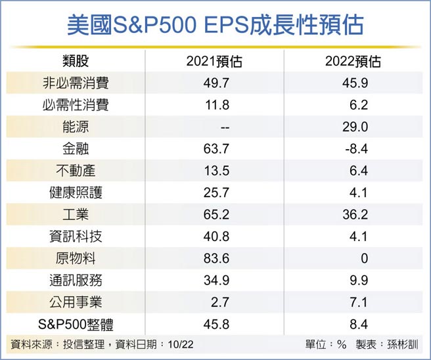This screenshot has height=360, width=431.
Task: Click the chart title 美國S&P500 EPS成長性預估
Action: click(215, 26)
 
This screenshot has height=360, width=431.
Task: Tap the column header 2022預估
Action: click(353, 62)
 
